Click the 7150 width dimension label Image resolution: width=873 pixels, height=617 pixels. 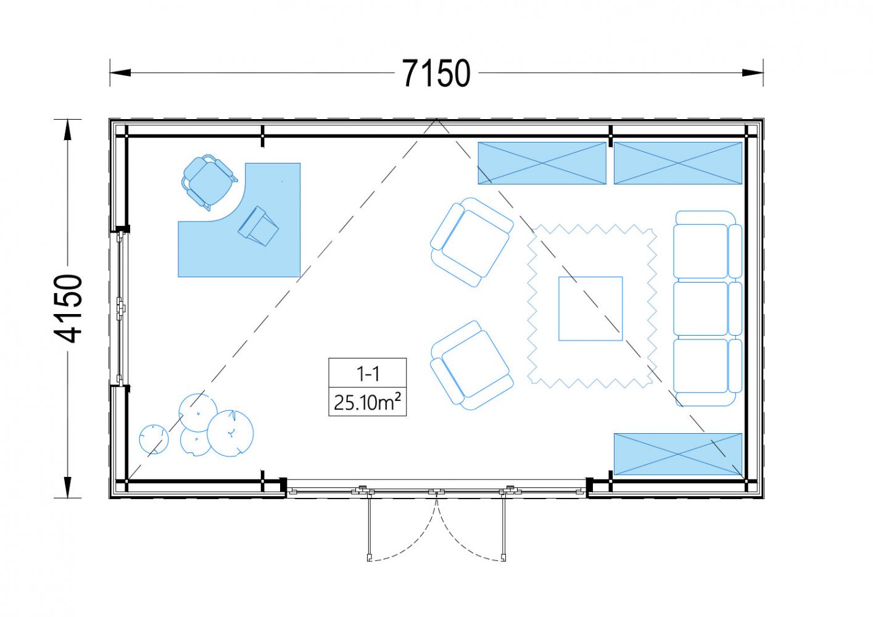pyautogui.click(x=436, y=73)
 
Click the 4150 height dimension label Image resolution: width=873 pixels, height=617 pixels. pyautogui.click(x=68, y=308)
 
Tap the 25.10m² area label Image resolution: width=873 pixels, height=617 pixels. pyautogui.click(x=367, y=402)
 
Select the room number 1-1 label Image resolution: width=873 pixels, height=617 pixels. pyautogui.click(x=368, y=374)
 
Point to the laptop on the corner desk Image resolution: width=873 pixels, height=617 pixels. pyautogui.click(x=258, y=226)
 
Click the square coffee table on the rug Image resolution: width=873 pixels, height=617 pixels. pyautogui.click(x=590, y=308)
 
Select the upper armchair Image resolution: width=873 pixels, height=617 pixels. pyautogui.click(x=471, y=242)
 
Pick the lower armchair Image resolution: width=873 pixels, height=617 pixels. pyautogui.click(x=471, y=365)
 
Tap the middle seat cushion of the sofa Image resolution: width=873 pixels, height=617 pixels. pyautogui.click(x=700, y=308)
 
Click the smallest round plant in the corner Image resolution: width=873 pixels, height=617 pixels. pyautogui.click(x=154, y=439)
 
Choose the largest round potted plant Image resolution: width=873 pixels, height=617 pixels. pyautogui.click(x=230, y=433)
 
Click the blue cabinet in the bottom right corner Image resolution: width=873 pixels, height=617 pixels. pyautogui.click(x=678, y=454)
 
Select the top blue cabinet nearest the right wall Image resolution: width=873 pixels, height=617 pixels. pyautogui.click(x=678, y=163)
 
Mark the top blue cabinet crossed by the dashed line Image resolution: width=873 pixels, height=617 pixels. pyautogui.click(x=542, y=163)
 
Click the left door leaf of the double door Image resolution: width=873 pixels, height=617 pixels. pyautogui.click(x=369, y=526)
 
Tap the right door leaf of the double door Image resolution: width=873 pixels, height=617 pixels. pyautogui.click(x=503, y=526)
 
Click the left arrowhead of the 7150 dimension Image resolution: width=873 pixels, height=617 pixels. pyautogui.click(x=120, y=72)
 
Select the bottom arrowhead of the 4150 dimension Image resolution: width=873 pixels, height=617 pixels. pyautogui.click(x=68, y=487)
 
